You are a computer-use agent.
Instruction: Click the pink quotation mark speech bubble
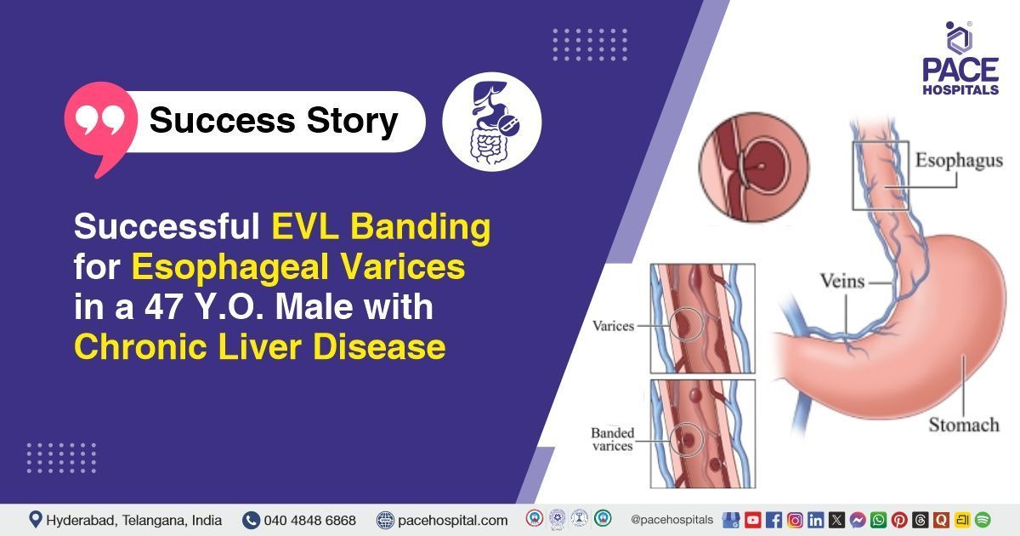[99, 124]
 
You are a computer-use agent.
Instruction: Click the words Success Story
[273, 121]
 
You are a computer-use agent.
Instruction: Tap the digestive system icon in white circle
[491, 121]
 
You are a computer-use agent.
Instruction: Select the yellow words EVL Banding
[381, 228]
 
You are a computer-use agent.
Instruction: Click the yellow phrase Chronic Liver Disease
[260, 347]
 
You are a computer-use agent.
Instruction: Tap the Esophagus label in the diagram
[958, 161]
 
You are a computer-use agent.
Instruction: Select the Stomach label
[963, 424]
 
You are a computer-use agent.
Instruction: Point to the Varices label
[612, 326]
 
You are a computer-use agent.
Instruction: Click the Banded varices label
[612, 439]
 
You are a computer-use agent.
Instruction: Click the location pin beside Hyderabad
[35, 519]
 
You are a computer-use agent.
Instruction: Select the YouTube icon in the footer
[752, 520]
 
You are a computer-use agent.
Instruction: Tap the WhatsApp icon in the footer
[878, 520]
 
